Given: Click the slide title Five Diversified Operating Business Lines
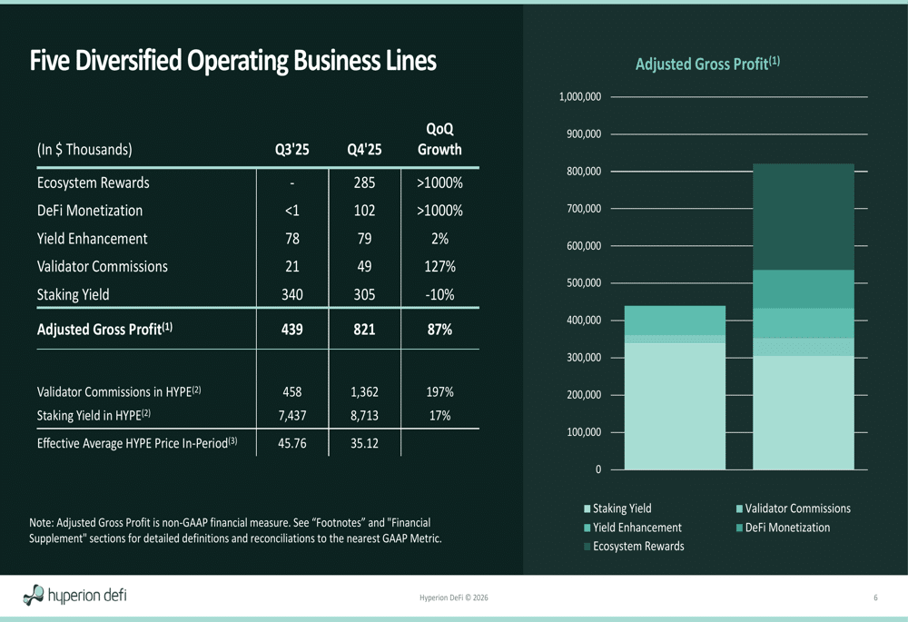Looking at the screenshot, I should (x=232, y=61).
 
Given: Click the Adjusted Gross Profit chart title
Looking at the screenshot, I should (x=707, y=64).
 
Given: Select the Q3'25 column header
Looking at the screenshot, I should (x=291, y=150).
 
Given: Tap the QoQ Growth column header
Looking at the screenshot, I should (x=439, y=140).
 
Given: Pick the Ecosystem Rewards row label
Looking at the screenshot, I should (x=93, y=183).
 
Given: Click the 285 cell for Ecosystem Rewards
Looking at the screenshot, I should (x=364, y=183).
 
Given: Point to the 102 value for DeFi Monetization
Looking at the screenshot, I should (x=364, y=211).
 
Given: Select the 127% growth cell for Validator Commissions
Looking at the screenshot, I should (x=439, y=267).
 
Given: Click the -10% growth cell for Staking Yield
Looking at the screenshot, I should (x=439, y=295).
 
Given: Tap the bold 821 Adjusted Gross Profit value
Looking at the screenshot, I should (x=364, y=330).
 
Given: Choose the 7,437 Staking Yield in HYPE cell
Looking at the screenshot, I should (x=291, y=416).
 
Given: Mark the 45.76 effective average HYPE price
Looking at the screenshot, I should (x=291, y=444).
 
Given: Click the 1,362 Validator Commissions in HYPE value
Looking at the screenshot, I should (x=364, y=392).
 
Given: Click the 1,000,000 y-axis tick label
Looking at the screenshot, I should (x=579, y=96).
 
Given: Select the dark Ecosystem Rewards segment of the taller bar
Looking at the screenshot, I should (x=804, y=216).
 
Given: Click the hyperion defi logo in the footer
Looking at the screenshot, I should (x=75, y=596).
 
